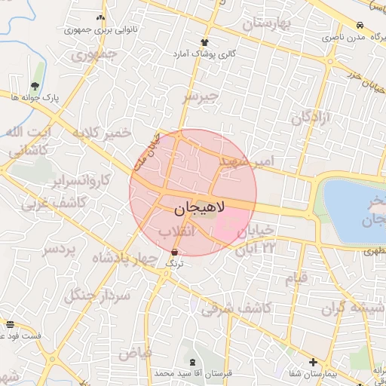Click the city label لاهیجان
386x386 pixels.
coord(193,207)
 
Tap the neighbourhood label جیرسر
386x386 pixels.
coord(199,96)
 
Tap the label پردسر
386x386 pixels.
coord(60,250)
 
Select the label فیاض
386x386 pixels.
coord(136,352)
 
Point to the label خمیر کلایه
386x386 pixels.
coord(102,133)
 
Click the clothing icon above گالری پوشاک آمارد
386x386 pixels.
coord(204,42)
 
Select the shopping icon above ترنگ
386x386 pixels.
coord(175,253)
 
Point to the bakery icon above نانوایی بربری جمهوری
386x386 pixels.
coord(101,17)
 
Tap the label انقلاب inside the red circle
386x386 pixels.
coord(178,231)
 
